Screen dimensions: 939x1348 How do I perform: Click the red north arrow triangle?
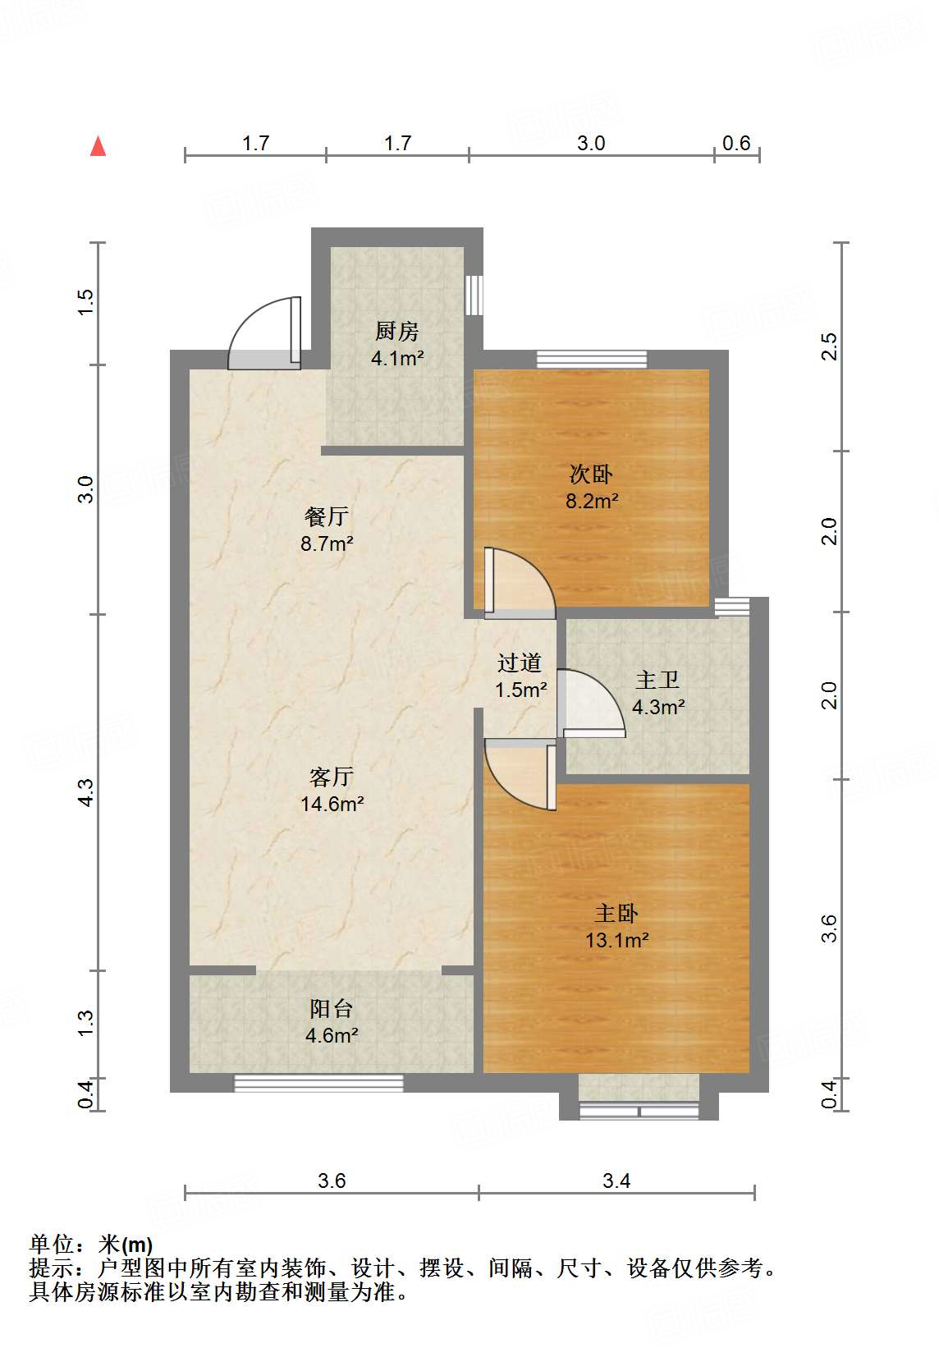point(98,146)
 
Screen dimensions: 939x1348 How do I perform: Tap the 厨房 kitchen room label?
point(396,331)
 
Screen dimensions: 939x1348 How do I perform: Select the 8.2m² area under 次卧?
point(592,501)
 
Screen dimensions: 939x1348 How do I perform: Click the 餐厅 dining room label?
point(327,516)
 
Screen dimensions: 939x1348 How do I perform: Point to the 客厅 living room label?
point(332,777)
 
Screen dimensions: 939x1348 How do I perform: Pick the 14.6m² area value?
point(332,804)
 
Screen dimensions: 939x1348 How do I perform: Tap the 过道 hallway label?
point(519,663)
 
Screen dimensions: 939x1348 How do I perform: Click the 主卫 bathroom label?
point(657,680)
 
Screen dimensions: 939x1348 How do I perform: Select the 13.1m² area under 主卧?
point(617,940)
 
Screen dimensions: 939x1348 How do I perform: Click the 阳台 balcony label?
point(332,1009)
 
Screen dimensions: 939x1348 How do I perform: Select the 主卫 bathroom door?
point(591,704)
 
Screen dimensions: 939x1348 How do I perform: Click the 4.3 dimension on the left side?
point(87,792)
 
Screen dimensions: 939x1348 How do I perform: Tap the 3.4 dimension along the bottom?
point(616,1181)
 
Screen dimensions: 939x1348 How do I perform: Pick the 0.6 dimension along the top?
point(736,143)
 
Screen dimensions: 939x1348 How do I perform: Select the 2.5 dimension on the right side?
point(829,346)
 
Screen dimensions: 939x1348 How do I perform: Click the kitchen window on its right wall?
point(474,296)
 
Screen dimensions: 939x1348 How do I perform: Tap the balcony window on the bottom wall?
point(318,1083)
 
